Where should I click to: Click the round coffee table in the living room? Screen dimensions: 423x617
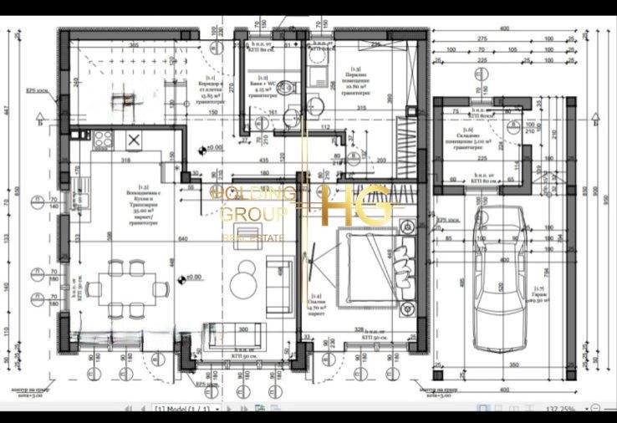[245, 273]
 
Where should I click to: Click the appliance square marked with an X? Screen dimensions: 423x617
[134, 140]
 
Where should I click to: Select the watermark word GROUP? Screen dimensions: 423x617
[253, 214]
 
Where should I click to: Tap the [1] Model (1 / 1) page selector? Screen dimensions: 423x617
[183, 409]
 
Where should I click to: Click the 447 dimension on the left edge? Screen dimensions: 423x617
[5, 110]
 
